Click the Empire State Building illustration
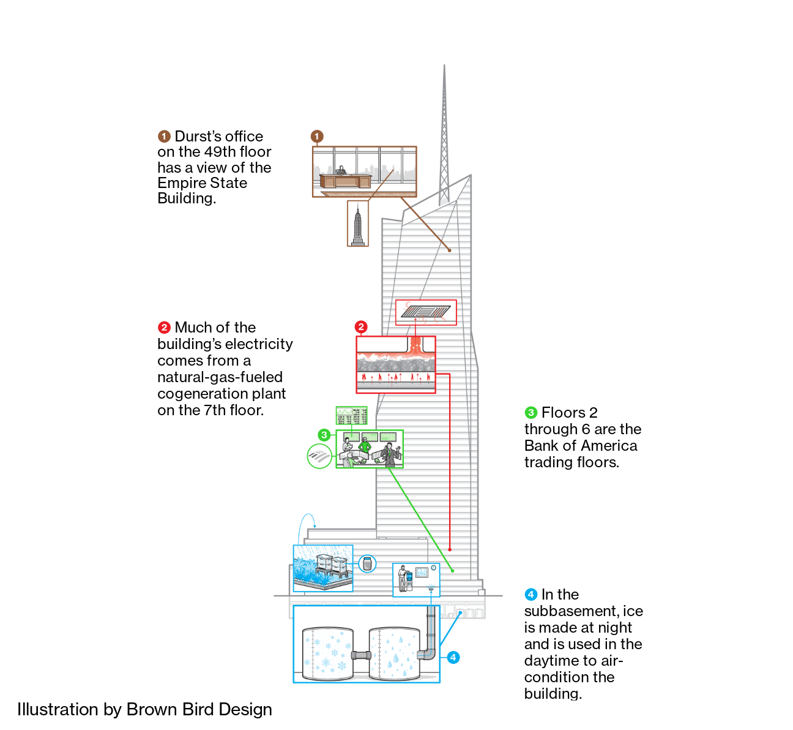coord(358,224)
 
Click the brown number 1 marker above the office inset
coord(317,136)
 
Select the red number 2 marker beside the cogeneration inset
coord(361,327)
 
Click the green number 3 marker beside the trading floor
coord(324,435)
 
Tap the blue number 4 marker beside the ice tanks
coord(453,658)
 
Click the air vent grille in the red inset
coord(425,312)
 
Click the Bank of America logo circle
coord(319,456)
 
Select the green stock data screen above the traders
coord(351,416)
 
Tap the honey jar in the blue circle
coord(367,563)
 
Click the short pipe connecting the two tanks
coord(361,655)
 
